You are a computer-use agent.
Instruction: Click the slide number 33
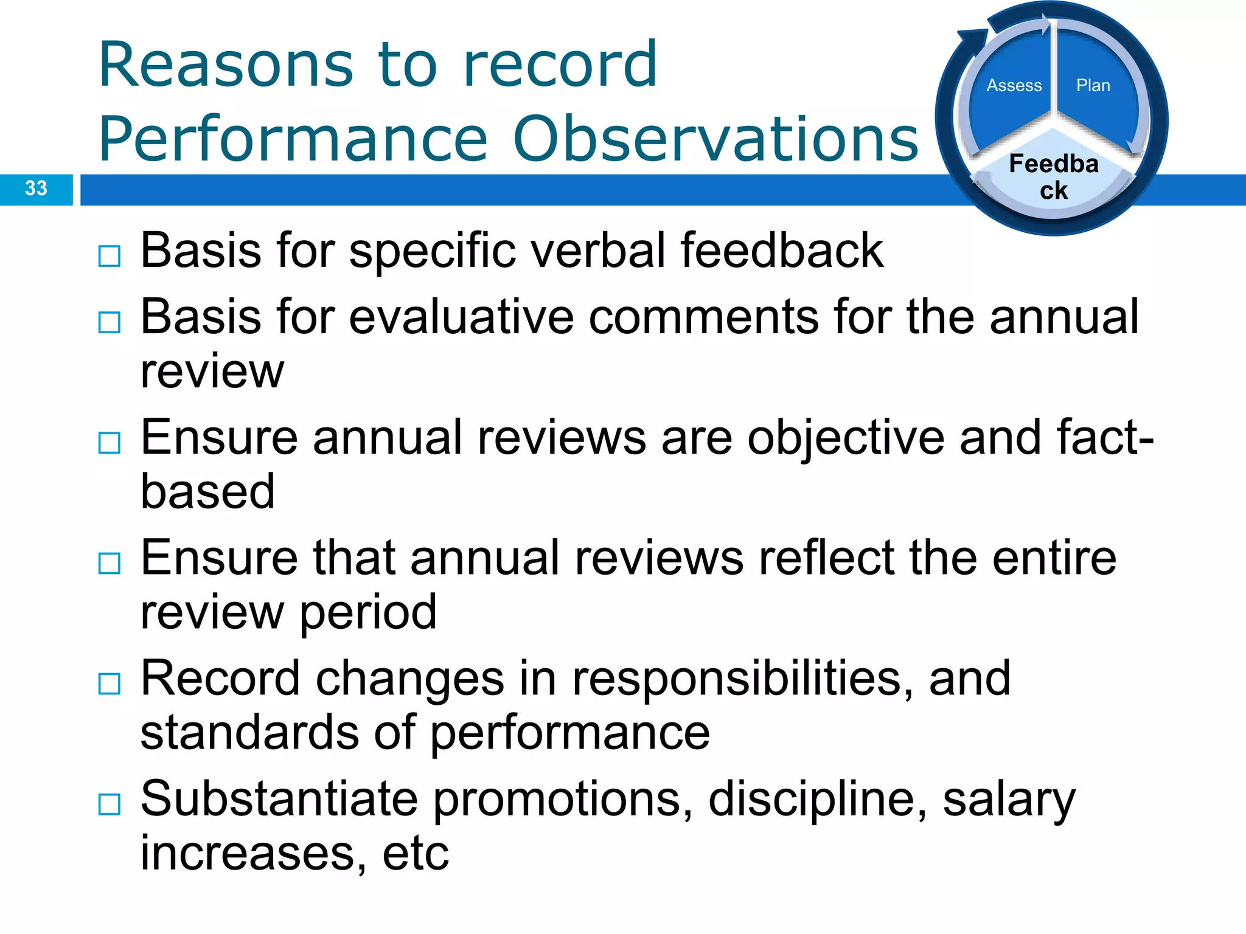click(x=36, y=189)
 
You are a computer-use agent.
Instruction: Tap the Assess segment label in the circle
click(x=1014, y=86)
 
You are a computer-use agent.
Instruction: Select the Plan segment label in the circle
click(x=1093, y=86)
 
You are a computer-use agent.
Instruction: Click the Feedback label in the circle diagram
click(x=1054, y=177)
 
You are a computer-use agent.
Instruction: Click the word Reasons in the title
click(x=225, y=64)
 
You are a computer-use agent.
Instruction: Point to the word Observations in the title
click(x=715, y=139)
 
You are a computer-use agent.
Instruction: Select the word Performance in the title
click(x=293, y=139)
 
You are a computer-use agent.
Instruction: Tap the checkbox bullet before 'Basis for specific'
click(x=110, y=257)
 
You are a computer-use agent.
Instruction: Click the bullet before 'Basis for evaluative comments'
click(x=110, y=322)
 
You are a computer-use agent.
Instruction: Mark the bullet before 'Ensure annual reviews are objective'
click(x=110, y=443)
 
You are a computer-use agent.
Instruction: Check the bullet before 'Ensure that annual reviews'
click(x=110, y=564)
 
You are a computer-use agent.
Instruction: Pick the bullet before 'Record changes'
click(x=110, y=684)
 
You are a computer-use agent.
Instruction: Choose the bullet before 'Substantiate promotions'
click(x=110, y=804)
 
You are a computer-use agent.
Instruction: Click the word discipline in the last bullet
click(x=817, y=798)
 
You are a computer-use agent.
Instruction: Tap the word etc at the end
click(x=416, y=853)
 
